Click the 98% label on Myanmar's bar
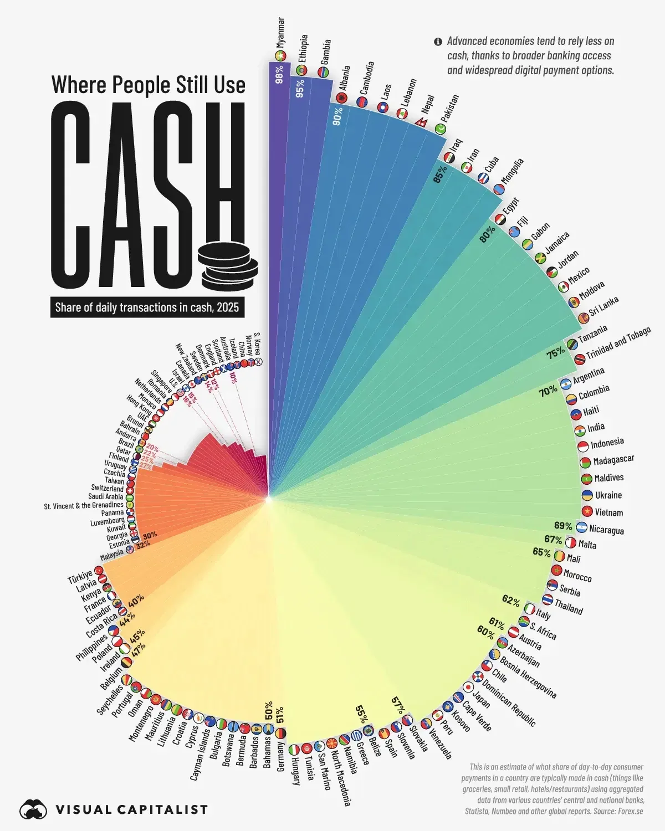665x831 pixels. click(x=279, y=74)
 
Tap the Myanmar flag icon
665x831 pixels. click(x=280, y=55)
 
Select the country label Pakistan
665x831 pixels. click(x=450, y=109)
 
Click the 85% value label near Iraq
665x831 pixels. click(x=441, y=174)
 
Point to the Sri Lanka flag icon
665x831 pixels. click(x=583, y=318)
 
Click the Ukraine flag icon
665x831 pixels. click(x=586, y=495)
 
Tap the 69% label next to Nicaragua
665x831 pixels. click(x=563, y=526)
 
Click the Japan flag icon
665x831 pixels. click(x=468, y=687)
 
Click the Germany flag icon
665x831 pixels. click(x=281, y=733)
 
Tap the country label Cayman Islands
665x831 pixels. click(x=200, y=753)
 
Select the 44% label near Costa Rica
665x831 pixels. click(x=128, y=620)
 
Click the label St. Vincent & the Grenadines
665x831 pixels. click(x=84, y=505)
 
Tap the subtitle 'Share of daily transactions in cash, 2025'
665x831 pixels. click(x=147, y=307)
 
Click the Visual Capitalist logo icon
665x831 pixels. click(x=34, y=809)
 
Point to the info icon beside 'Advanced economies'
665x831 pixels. click(x=438, y=42)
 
